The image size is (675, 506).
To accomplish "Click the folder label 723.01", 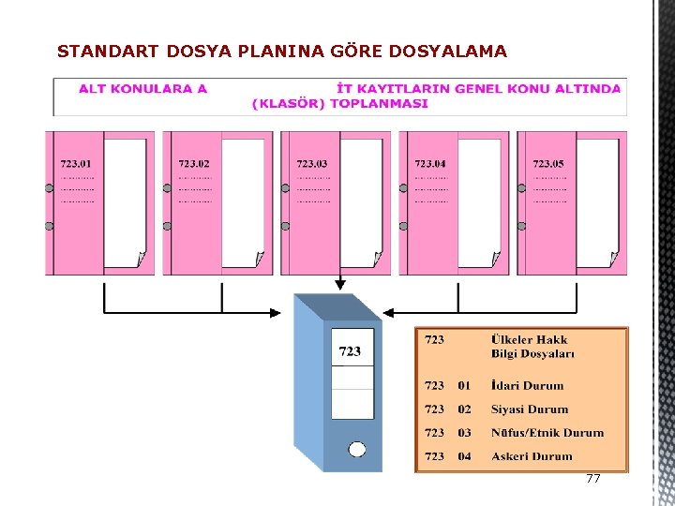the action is click(x=76, y=165).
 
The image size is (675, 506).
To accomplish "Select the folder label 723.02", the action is click(x=194, y=165).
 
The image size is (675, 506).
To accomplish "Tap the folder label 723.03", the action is click(x=312, y=165).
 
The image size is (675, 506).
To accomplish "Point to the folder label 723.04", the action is click(x=430, y=165).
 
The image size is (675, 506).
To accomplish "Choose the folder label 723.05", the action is click(x=548, y=165).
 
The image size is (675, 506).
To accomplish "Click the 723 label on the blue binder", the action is click(x=350, y=351).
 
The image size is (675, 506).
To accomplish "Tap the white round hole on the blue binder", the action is click(x=357, y=449).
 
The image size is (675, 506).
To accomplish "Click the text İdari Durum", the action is click(x=527, y=385).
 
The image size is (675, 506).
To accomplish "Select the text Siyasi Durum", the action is click(x=530, y=409).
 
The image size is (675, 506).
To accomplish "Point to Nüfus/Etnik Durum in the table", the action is click(x=547, y=433).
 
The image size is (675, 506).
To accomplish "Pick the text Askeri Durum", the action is click(x=532, y=456).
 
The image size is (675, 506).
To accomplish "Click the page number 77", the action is click(x=592, y=479).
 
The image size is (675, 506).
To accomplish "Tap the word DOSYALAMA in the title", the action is click(x=453, y=52).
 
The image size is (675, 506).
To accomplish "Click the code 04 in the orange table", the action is click(x=465, y=456).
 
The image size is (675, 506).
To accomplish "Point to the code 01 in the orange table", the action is click(x=465, y=385).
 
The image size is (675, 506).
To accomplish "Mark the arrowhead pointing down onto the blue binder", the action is click(x=339, y=285).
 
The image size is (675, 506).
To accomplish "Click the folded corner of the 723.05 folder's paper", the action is click(x=613, y=260).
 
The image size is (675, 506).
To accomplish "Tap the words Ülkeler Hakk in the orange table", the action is click(x=529, y=339).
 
